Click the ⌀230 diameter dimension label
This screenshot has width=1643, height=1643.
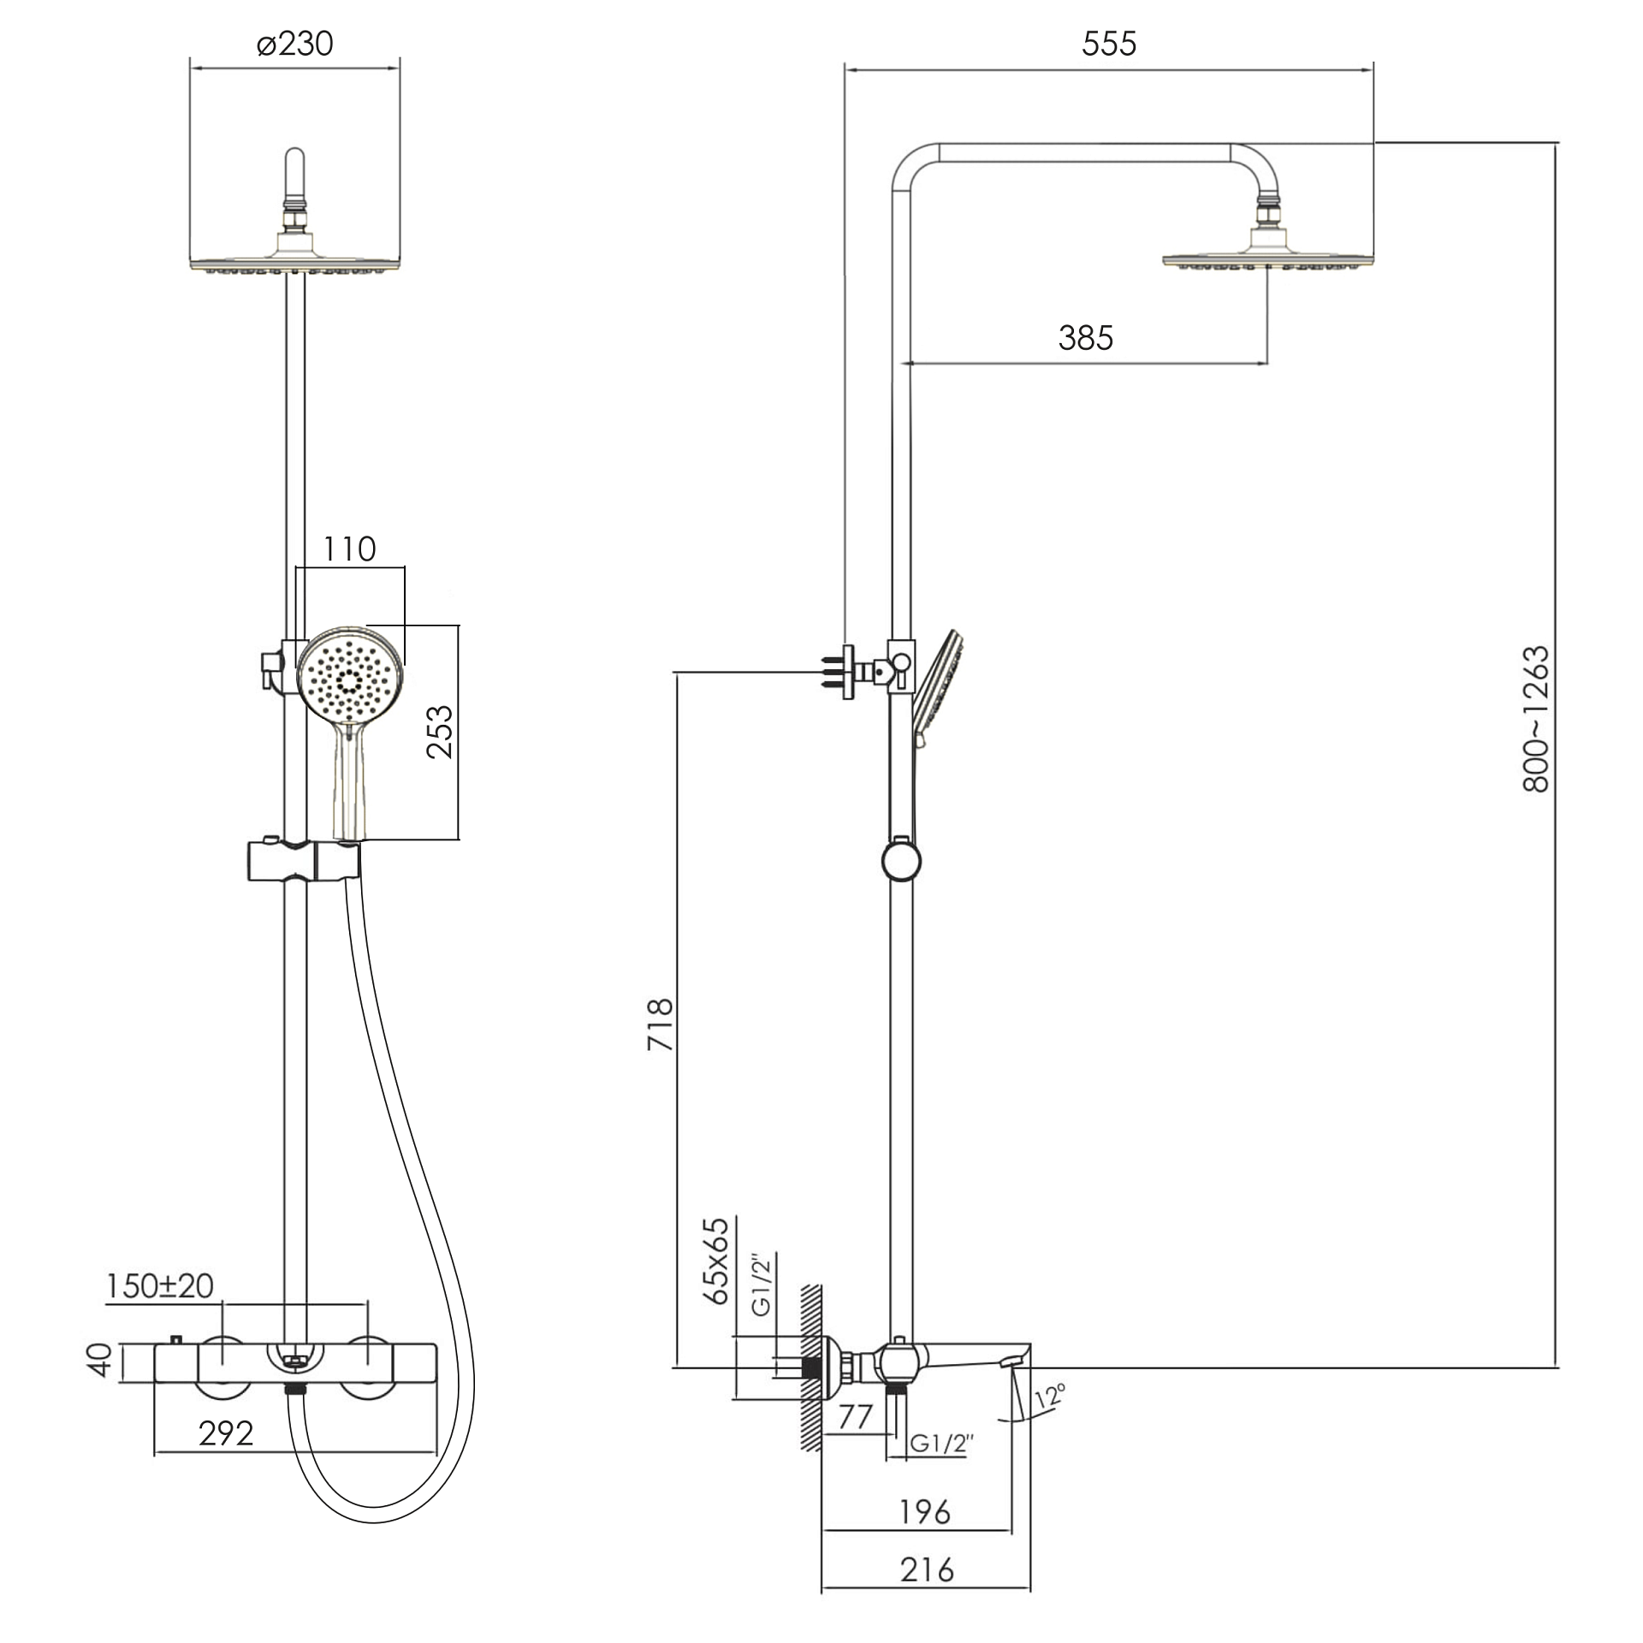click(294, 43)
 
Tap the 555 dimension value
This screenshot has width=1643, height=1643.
click(1109, 44)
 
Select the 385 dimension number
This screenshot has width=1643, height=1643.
click(1086, 338)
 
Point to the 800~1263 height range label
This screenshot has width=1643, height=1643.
click(1537, 719)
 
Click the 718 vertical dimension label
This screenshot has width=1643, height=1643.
click(661, 1024)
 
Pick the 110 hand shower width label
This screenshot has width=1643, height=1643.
click(349, 549)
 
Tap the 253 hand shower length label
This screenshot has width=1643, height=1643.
click(440, 732)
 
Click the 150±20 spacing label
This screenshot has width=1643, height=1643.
click(160, 1286)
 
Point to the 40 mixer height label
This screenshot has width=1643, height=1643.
click(101, 1360)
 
